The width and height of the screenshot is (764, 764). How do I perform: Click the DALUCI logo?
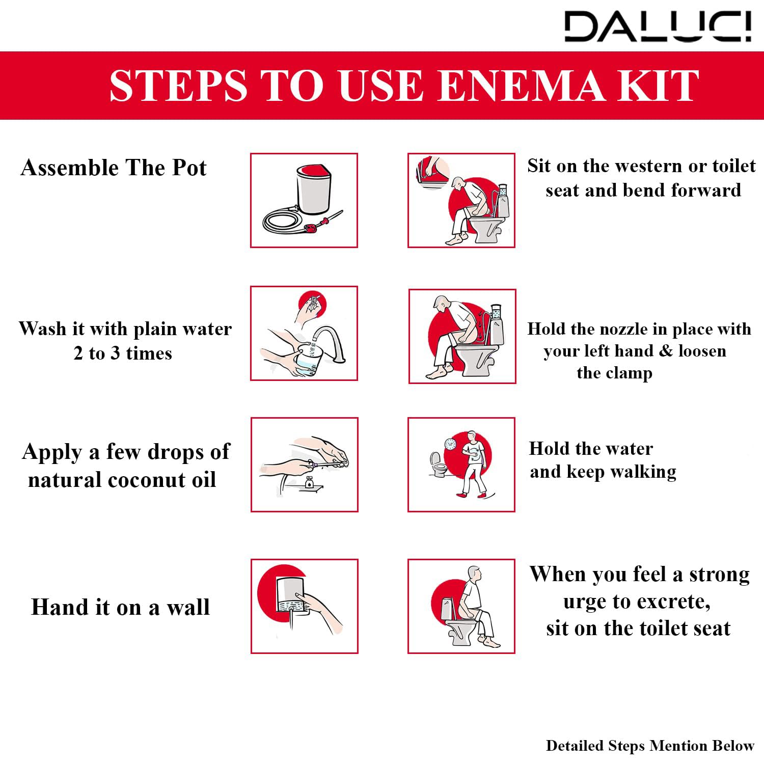point(658,26)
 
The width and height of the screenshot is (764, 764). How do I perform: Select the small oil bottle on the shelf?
point(309,482)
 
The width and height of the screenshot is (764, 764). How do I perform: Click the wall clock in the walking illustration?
point(450,444)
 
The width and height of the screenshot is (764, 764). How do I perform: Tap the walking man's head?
point(472,436)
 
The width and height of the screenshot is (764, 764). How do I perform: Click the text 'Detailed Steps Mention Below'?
point(650,746)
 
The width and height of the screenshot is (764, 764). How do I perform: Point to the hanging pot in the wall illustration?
point(290,595)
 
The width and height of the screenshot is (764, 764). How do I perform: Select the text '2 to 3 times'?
point(123,353)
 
